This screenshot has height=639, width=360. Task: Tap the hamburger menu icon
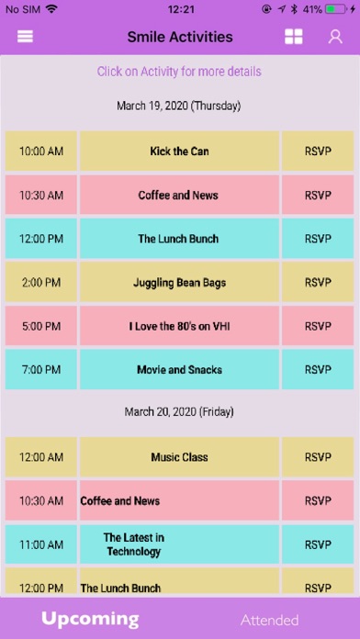pyautogui.click(x=25, y=37)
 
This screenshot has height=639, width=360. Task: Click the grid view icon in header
pyautogui.click(x=294, y=37)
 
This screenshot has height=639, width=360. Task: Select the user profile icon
pyautogui.click(x=335, y=37)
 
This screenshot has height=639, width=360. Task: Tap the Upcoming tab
pyautogui.click(x=90, y=619)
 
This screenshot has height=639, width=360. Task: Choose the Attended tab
pyautogui.click(x=269, y=620)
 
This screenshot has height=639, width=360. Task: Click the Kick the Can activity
pyautogui.click(x=179, y=151)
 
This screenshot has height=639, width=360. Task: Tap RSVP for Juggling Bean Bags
pyautogui.click(x=318, y=283)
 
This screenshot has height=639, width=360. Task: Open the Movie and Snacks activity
pyautogui.click(x=179, y=370)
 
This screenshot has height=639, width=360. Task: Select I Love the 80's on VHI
pyautogui.click(x=179, y=326)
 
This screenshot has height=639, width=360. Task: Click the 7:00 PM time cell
pyautogui.click(x=41, y=370)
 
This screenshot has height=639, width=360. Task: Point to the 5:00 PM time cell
pyautogui.click(x=41, y=326)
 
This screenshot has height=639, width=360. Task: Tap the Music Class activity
pyautogui.click(x=179, y=457)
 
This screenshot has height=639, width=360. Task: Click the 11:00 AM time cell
pyautogui.click(x=41, y=544)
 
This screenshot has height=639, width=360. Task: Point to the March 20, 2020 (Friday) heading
pyautogui.click(x=179, y=411)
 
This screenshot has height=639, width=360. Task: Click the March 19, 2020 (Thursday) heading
pyautogui.click(x=178, y=106)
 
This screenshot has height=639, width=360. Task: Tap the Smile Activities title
pyautogui.click(x=180, y=37)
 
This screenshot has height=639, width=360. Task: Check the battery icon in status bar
pyautogui.click(x=336, y=9)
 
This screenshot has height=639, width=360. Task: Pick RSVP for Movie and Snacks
pyautogui.click(x=318, y=370)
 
